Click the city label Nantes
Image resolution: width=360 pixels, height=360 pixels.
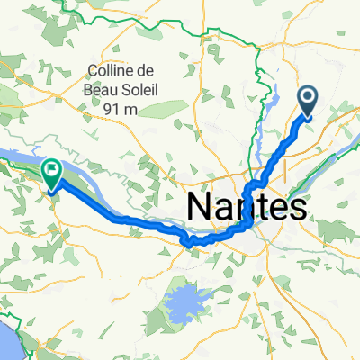tap(245, 208)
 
